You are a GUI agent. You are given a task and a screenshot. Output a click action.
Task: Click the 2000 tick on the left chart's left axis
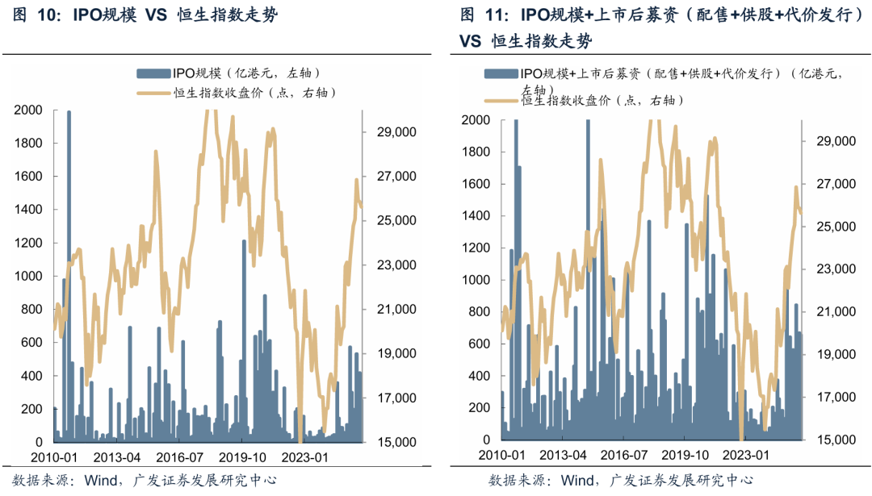30,110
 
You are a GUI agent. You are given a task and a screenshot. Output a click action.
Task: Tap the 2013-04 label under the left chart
118,456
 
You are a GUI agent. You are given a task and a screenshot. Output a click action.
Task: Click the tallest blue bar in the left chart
69,274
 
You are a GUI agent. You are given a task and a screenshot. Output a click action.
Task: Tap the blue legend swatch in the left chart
148,73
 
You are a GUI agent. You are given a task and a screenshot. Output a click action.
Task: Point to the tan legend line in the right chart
502,101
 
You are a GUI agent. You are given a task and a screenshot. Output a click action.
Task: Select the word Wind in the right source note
577,481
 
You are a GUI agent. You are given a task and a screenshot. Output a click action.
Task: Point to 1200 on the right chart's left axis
476,248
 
